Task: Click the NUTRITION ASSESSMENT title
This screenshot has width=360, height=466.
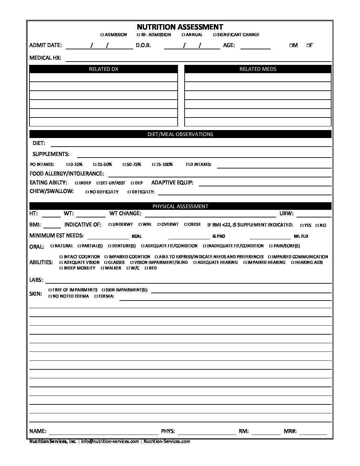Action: click(180, 27)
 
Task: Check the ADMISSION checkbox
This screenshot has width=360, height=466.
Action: click(102, 35)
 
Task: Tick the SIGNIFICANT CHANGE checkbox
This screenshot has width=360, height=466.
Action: click(215, 35)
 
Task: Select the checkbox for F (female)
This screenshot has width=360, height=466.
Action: click(308, 45)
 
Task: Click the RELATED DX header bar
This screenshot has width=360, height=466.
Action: click(104, 69)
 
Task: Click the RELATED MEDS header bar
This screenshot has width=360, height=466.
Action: click(258, 69)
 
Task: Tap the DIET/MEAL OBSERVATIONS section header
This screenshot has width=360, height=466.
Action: click(180, 134)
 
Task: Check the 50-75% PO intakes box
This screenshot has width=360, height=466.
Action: click(124, 164)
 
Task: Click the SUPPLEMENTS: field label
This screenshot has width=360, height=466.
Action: click(51, 154)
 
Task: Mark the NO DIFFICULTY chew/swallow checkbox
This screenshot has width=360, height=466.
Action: click(87, 192)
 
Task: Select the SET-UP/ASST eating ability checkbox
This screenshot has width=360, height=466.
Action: click(98, 183)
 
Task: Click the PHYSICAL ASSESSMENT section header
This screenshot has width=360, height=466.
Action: click(180, 206)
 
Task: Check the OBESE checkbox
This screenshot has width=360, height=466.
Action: click(186, 224)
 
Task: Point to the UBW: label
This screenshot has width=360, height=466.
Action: click(286, 214)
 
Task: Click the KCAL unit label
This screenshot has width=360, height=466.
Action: click(137, 236)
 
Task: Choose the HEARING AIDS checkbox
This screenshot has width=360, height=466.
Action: click(293, 262)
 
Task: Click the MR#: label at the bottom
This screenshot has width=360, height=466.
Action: click(290, 431)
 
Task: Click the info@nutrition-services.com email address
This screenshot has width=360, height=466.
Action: click(110, 441)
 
